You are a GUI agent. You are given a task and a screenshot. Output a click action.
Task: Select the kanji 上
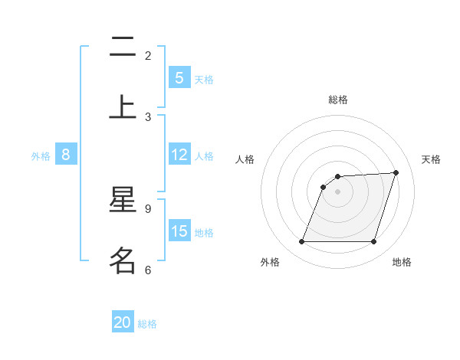point(123,106)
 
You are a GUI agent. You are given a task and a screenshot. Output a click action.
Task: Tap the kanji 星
point(123,201)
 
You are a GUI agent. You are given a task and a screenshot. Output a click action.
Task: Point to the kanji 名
point(123,260)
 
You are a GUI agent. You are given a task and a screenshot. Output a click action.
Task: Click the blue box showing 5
point(179,78)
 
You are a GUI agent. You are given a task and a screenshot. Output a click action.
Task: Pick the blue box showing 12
point(179,155)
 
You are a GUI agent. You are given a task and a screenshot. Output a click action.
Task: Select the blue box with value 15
point(179,231)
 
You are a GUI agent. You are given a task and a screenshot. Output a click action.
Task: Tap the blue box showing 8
point(66,155)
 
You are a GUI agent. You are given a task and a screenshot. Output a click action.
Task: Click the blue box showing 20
point(123,322)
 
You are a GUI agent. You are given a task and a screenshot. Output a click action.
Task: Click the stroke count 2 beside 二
point(148,56)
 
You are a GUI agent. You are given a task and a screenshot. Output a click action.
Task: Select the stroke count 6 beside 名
point(148,270)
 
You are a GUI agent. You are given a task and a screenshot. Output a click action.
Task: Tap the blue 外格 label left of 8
point(41,156)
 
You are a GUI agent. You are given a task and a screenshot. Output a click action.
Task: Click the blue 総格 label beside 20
point(147,324)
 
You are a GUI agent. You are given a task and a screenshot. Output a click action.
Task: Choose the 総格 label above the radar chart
point(338,100)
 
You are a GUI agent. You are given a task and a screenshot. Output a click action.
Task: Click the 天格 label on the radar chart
point(431,159)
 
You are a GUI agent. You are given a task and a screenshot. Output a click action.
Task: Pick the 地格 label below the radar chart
point(402,263)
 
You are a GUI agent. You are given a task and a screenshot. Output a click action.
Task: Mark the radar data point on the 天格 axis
point(396,172)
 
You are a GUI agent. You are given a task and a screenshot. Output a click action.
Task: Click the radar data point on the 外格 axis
point(301,242)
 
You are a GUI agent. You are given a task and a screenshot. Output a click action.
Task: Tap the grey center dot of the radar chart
point(337,191)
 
